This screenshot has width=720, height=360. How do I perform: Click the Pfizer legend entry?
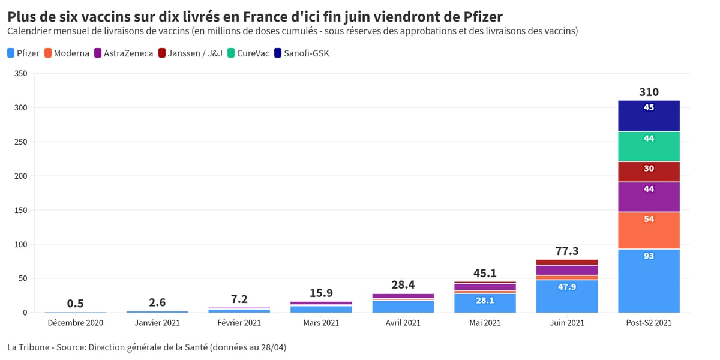click(x=23, y=53)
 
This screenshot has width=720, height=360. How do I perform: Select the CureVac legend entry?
click(x=248, y=53)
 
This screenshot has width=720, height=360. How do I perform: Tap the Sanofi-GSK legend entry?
click(x=301, y=53)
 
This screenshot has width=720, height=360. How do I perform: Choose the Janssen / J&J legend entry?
click(x=190, y=53)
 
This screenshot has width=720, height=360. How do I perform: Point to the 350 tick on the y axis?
click(x=21, y=74)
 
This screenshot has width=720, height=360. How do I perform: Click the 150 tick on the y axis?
click(x=21, y=210)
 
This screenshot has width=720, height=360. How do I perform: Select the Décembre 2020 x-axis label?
click(x=76, y=323)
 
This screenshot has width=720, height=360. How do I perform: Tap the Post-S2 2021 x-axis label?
click(x=649, y=323)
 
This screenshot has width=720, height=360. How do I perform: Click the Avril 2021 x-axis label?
click(x=403, y=323)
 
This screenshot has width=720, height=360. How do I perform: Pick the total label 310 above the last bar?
click(x=649, y=92)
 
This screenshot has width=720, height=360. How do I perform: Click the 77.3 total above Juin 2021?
click(x=567, y=251)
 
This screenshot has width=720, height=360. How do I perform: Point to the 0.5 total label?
click(x=75, y=304)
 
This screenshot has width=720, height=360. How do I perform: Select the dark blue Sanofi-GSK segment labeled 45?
click(x=649, y=116)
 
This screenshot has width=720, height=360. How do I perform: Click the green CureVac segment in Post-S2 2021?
click(x=649, y=146)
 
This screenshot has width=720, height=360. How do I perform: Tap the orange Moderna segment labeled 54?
click(x=649, y=230)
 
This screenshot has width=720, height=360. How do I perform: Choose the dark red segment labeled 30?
click(x=649, y=172)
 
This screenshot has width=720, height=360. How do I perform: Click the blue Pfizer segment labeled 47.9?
click(x=567, y=296)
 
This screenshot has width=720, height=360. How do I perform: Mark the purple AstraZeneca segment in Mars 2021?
click(x=321, y=303)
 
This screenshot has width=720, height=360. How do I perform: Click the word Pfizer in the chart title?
click(x=483, y=17)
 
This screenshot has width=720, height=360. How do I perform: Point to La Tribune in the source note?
click(x=28, y=347)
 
